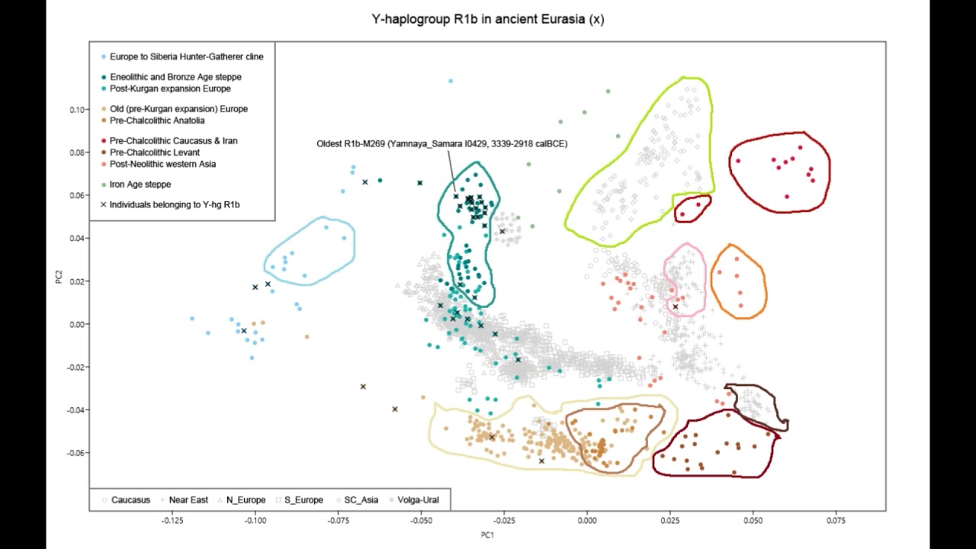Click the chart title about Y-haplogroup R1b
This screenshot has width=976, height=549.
(x=488, y=20)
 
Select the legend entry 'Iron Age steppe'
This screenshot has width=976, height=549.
(x=140, y=185)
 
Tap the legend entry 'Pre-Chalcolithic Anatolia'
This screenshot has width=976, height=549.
(x=157, y=120)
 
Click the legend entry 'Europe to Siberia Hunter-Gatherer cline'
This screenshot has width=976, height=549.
(x=186, y=56)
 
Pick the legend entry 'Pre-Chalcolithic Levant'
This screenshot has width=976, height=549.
(x=155, y=152)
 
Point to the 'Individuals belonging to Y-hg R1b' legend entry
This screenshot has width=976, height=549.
(x=175, y=204)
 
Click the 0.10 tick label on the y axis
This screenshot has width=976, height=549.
(x=77, y=110)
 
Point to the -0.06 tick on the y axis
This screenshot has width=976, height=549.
(x=75, y=453)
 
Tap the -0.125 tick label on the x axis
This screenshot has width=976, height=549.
(x=172, y=520)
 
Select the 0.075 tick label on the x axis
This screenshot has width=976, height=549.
(x=836, y=520)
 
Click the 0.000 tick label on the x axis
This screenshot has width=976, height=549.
(x=587, y=520)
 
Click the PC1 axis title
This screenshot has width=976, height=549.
(x=487, y=535)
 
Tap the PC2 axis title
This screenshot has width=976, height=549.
(x=59, y=275)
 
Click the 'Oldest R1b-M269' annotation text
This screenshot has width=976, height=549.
(x=441, y=143)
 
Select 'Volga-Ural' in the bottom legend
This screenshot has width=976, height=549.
(x=418, y=500)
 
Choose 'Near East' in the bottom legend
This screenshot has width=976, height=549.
(x=188, y=500)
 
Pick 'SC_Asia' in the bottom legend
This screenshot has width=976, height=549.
(x=361, y=500)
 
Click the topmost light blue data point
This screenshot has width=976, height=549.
(x=451, y=81)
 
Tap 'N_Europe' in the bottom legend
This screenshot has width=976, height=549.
(x=246, y=500)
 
